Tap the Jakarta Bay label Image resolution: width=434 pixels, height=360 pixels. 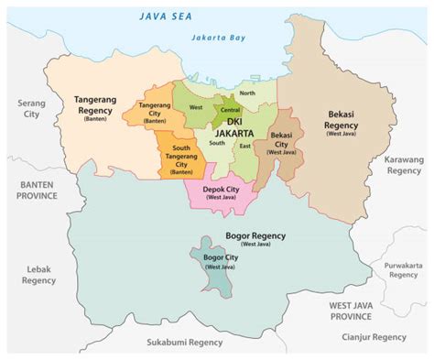[x=218, y=38]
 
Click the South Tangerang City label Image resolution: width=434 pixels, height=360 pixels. [x=180, y=158]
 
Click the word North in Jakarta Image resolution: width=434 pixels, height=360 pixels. [x=247, y=93]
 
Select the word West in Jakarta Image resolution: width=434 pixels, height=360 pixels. [x=195, y=107]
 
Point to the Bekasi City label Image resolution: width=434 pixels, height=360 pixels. [x=281, y=142]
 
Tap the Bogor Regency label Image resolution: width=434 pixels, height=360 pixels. [x=255, y=238]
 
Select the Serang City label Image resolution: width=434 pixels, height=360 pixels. [x=31, y=110]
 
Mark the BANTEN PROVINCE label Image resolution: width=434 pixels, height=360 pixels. [x=38, y=190]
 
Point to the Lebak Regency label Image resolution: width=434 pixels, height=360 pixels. [x=38, y=275]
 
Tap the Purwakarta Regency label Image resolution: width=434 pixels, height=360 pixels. [x=403, y=269]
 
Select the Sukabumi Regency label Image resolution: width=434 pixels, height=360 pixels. [x=184, y=341]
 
